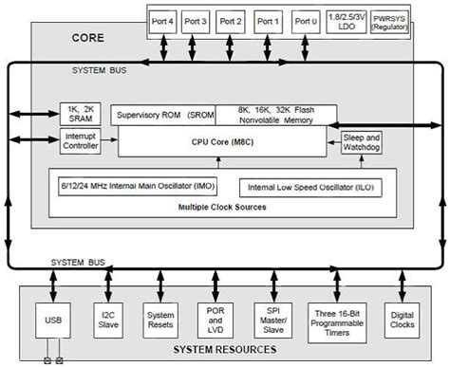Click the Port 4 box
(x=163, y=20)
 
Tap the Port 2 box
(x=235, y=20)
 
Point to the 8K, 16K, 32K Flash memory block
(x=274, y=115)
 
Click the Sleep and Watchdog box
(x=361, y=141)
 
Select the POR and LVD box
(x=214, y=321)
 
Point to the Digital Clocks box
(x=402, y=321)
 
